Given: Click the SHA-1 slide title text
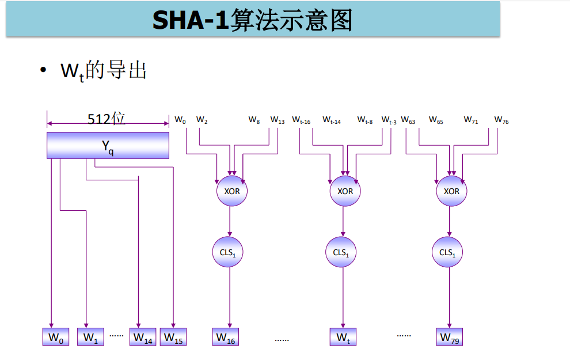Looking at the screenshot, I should point(252,21).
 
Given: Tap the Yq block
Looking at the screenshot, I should point(108,145).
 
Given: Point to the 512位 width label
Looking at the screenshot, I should point(107,119).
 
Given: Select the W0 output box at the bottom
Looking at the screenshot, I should point(55,337).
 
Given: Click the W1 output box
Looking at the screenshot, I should point(90,337).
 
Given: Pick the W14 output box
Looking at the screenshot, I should point(143,337).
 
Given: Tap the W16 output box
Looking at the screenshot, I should point(226,337).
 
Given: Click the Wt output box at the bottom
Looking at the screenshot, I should point(343,337).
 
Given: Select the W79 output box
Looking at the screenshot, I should point(449,337).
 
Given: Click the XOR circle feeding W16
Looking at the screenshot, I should point(231,191).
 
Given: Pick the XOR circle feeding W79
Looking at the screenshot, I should point(451,191).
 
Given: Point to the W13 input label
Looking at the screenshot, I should point(278,121).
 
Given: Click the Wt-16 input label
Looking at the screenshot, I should point(301,121).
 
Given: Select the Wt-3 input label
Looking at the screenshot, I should point(389,121).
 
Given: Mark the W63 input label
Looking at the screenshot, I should point(408,121).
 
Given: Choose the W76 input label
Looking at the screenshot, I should point(501,121).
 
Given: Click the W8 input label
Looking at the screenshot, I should point(254,120).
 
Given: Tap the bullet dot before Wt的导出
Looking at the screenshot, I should point(43,70).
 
